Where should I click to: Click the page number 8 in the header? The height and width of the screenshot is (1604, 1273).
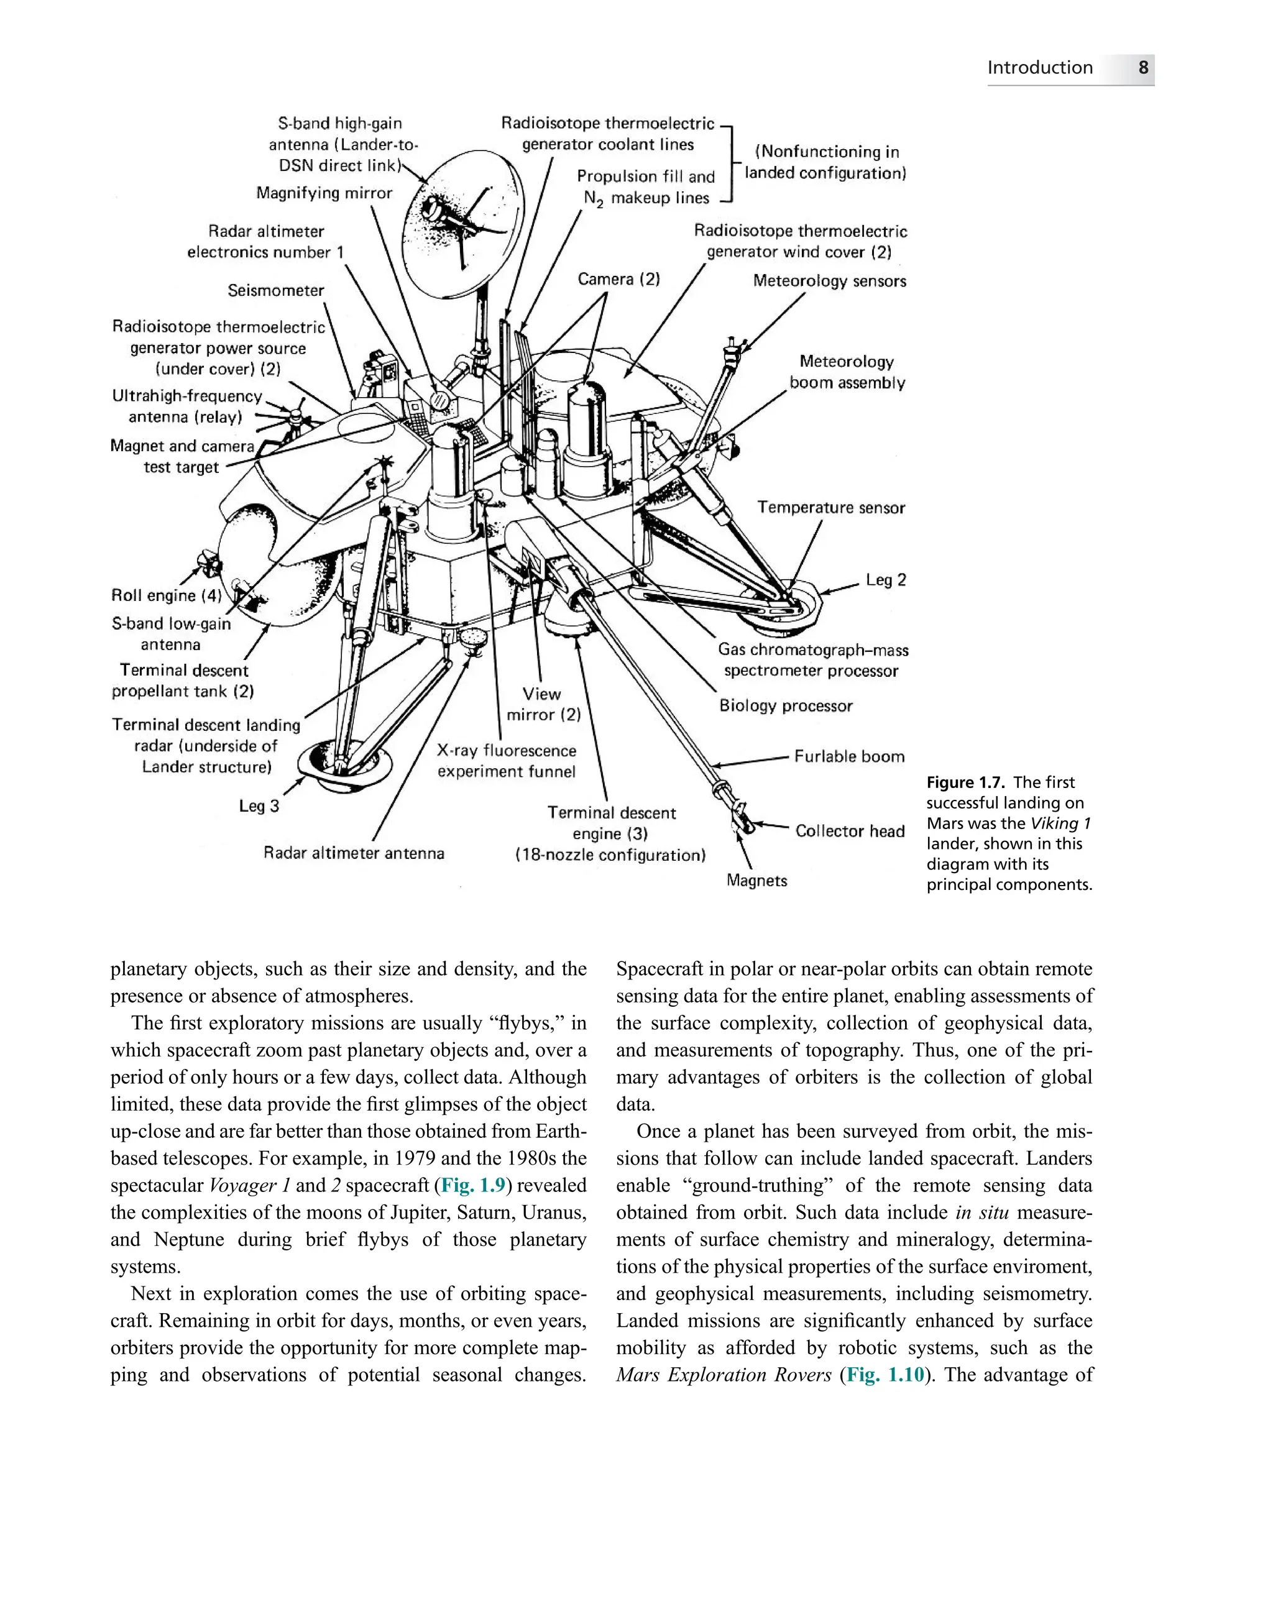[x=1143, y=68]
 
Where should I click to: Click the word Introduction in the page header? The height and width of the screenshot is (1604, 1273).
[x=1039, y=68]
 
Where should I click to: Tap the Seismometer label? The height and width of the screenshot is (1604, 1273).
[x=275, y=290]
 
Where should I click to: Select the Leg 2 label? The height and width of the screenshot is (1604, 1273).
[x=885, y=580]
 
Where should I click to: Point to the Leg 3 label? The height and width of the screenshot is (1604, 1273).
[x=259, y=805]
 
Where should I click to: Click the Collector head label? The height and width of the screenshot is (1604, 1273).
[x=850, y=831]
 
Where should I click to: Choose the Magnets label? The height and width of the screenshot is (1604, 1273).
[x=756, y=881]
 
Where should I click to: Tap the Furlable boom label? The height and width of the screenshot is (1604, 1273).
[x=849, y=756]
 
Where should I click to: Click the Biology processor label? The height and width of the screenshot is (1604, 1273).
[x=786, y=705]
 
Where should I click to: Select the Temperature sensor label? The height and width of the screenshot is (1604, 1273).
[x=831, y=507]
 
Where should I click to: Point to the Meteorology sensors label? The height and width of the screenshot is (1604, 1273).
[x=830, y=282]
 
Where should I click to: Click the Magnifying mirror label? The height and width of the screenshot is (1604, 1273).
[x=324, y=193]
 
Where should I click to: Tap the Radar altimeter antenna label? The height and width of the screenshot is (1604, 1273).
[x=354, y=853]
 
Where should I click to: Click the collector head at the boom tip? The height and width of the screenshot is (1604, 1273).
[x=742, y=819]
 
